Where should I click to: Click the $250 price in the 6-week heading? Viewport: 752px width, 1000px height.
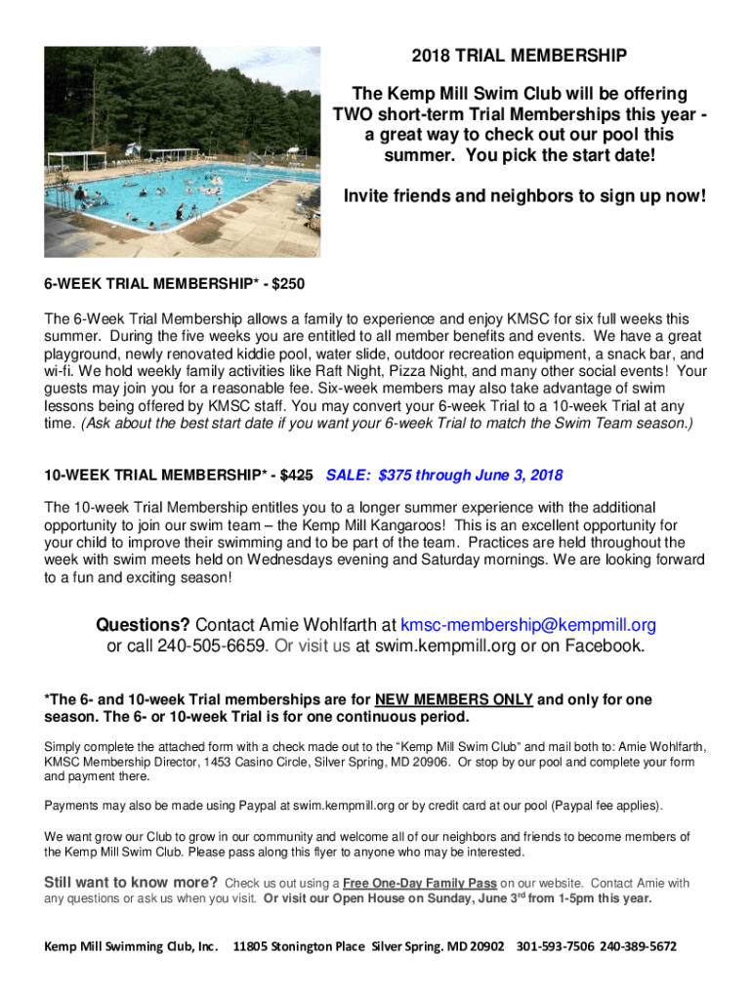pyautogui.click(x=288, y=284)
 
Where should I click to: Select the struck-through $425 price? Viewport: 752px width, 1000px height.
pyautogui.click(x=297, y=476)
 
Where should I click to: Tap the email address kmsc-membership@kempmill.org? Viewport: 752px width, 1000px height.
pyautogui.click(x=528, y=624)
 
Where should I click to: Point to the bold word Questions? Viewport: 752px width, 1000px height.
pyautogui.click(x=143, y=624)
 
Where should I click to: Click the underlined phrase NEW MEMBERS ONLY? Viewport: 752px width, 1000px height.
pyautogui.click(x=454, y=700)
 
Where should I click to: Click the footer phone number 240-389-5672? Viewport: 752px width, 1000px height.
pyautogui.click(x=638, y=947)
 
